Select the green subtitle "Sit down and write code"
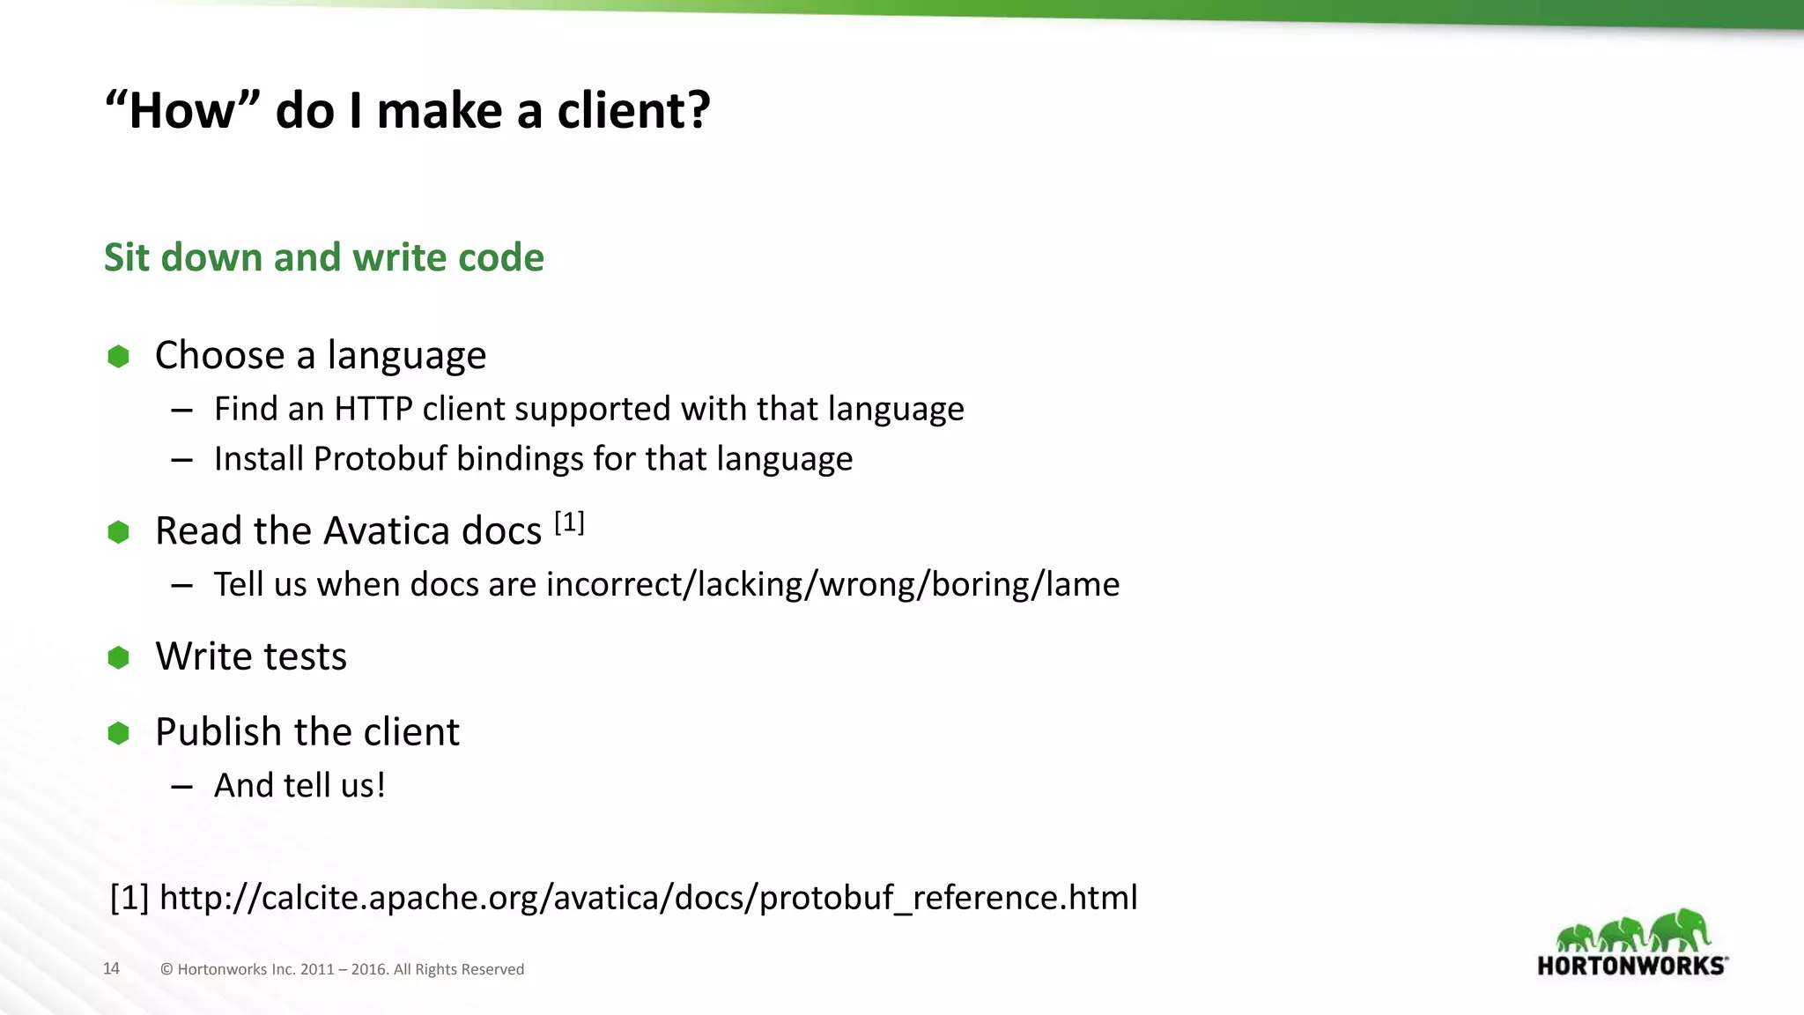[x=323, y=257]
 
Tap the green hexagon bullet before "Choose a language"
[x=118, y=357]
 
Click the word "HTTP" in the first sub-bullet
[x=373, y=409]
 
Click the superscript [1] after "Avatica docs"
[x=569, y=522]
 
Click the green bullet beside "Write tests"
[x=118, y=657]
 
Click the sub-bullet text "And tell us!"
[x=299, y=785]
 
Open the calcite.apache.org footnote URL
[x=648, y=898]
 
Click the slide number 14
[x=111, y=969]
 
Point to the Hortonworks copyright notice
[x=342, y=969]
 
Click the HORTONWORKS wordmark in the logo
[x=1631, y=966]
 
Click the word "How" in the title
[x=182, y=111]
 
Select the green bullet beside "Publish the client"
[x=118, y=733]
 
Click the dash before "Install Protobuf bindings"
[x=182, y=460]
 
